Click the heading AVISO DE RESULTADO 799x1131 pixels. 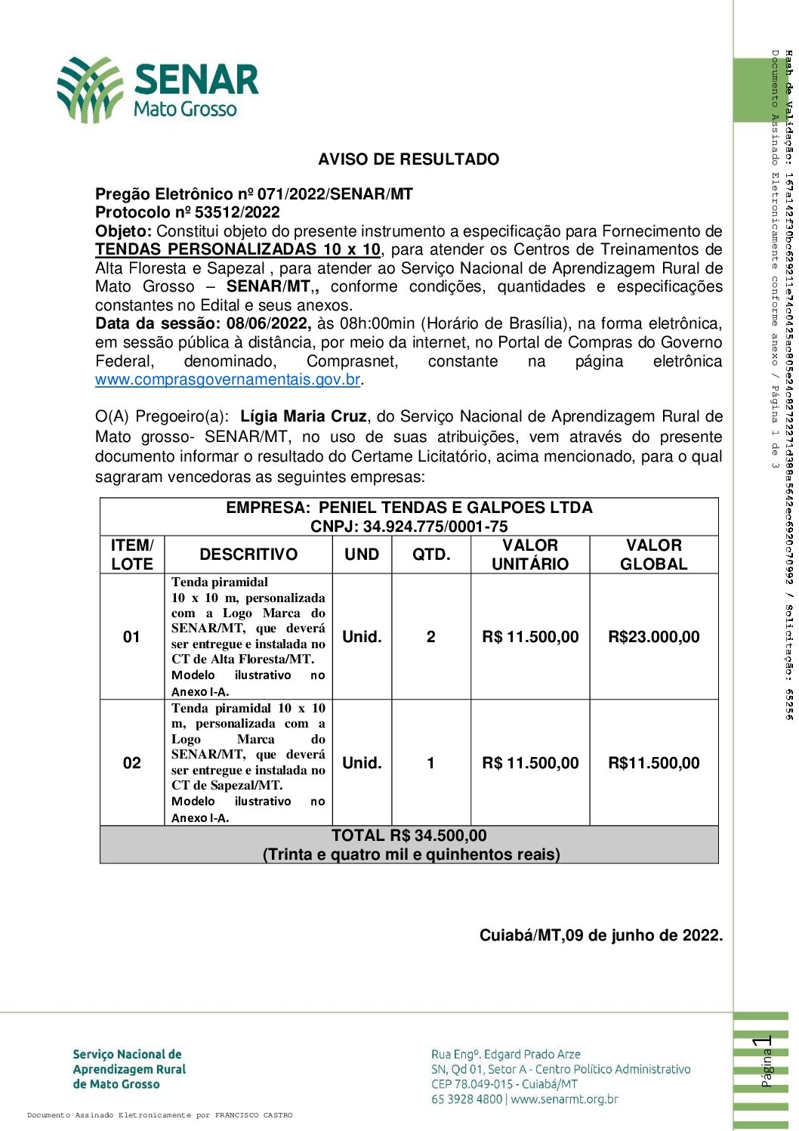click(409, 159)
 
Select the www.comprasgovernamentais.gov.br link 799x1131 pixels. click(227, 379)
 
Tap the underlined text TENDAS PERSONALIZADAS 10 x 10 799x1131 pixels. click(238, 249)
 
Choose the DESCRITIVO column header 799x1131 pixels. click(248, 555)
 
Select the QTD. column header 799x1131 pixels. click(431, 555)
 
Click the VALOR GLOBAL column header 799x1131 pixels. click(653, 555)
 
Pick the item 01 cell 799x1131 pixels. click(131, 637)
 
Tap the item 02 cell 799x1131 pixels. click(131, 763)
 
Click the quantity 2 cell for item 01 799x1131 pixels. click(430, 637)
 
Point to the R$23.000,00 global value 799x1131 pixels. click(653, 637)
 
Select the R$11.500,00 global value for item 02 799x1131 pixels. click(653, 763)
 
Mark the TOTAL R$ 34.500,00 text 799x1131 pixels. click(409, 836)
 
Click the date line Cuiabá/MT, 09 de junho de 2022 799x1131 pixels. click(600, 935)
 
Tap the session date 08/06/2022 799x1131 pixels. click(268, 323)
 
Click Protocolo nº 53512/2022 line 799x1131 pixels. click(187, 212)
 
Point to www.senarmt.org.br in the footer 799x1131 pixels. click(564, 1099)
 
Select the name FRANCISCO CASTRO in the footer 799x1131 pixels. click(253, 1115)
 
